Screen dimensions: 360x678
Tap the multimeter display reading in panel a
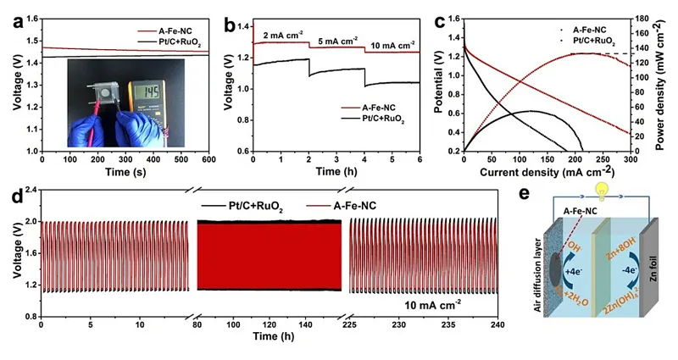(x=153, y=91)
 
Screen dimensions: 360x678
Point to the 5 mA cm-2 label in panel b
(x=337, y=40)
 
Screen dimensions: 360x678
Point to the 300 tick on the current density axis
(x=629, y=159)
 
